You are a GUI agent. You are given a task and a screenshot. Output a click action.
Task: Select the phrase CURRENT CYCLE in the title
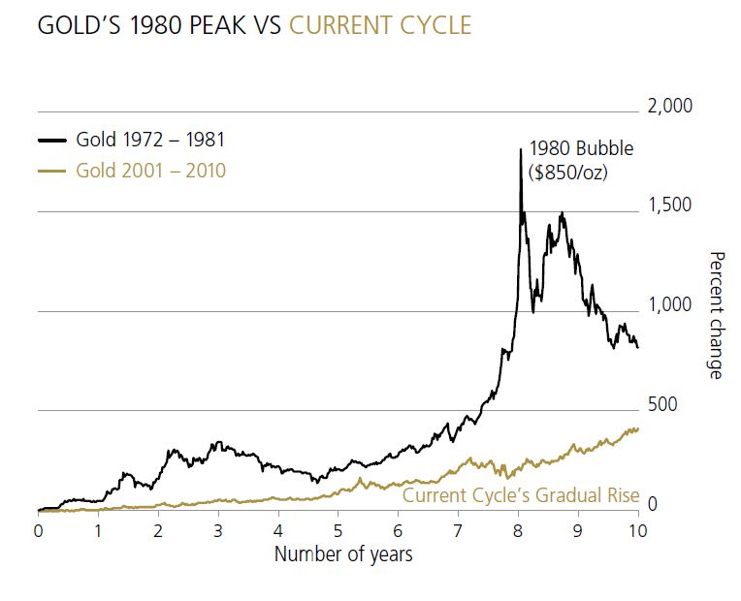tap(380, 25)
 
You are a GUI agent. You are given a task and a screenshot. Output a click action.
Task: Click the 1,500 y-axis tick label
tap(669, 206)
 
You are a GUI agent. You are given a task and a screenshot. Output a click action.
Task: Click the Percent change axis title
tap(717, 315)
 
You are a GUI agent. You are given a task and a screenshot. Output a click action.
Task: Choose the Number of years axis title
tap(343, 554)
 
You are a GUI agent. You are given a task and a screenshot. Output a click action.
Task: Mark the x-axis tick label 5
tap(338, 531)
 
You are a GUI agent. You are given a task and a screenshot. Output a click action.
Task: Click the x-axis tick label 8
tap(518, 531)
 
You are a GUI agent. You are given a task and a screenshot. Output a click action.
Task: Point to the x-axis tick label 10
tap(637, 531)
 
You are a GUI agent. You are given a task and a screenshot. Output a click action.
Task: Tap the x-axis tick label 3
tap(218, 531)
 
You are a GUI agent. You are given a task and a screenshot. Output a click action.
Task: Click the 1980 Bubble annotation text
tap(580, 149)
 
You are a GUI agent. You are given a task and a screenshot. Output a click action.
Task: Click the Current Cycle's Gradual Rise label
tap(521, 496)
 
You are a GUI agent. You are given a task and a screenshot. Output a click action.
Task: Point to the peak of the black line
tap(521, 147)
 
